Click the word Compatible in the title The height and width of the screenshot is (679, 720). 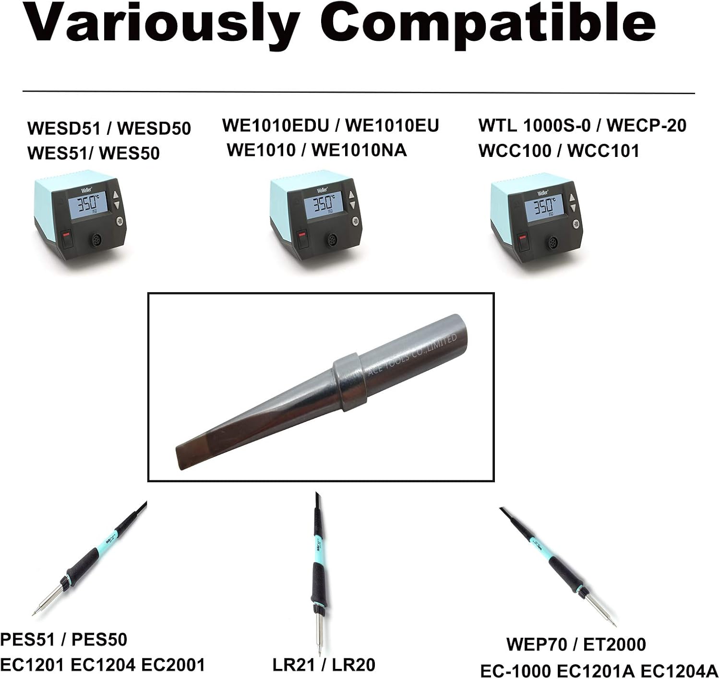click(488, 24)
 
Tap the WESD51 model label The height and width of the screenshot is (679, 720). click(63, 128)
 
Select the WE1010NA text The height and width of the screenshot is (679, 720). click(359, 150)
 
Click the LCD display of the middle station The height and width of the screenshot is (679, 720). click(324, 205)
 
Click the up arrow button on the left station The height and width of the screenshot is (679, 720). click(116, 195)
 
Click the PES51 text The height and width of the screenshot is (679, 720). click(29, 640)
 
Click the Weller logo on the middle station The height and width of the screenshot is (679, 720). click(322, 190)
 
